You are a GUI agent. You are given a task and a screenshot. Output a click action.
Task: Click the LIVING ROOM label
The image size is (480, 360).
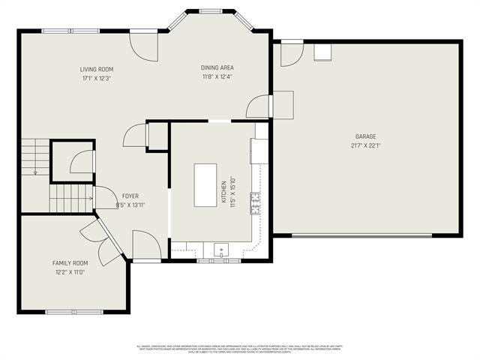97,70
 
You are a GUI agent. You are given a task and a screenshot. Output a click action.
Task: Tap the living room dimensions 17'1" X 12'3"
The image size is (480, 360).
97,78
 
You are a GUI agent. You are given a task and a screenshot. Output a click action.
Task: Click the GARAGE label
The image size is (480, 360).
366,136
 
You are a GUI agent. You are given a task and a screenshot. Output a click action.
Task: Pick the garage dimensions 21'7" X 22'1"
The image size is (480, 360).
366,145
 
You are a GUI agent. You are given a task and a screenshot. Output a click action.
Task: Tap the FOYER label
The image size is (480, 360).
130,196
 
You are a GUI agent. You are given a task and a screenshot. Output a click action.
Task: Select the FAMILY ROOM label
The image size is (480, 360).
70,263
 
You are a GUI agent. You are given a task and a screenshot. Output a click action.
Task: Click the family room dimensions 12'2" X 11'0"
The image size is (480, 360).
70,272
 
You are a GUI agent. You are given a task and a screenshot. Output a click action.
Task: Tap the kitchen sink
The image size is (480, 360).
221,250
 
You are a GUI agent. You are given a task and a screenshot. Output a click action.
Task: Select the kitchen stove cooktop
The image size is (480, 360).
256,200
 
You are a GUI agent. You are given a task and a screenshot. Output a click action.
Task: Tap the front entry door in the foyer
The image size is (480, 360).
145,245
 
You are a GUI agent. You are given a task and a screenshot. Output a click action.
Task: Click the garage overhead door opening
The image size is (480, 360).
366,235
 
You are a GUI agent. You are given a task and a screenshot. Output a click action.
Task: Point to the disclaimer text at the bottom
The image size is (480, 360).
239,349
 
